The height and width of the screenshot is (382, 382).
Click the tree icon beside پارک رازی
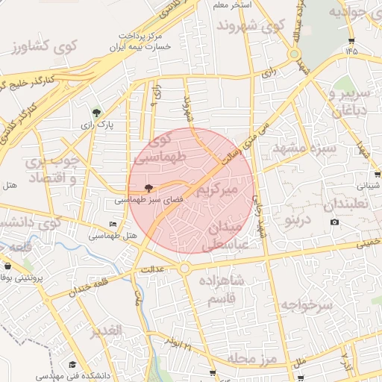tap(95, 113)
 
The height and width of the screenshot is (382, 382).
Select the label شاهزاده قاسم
tap(223, 289)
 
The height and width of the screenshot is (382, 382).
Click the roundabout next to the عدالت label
tap(184, 269)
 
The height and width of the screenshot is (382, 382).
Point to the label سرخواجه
tap(306, 304)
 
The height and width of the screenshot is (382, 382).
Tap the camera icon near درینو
tap(334, 222)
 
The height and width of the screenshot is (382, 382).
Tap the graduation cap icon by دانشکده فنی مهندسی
tap(72, 364)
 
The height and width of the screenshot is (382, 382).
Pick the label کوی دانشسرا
tap(30, 222)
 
